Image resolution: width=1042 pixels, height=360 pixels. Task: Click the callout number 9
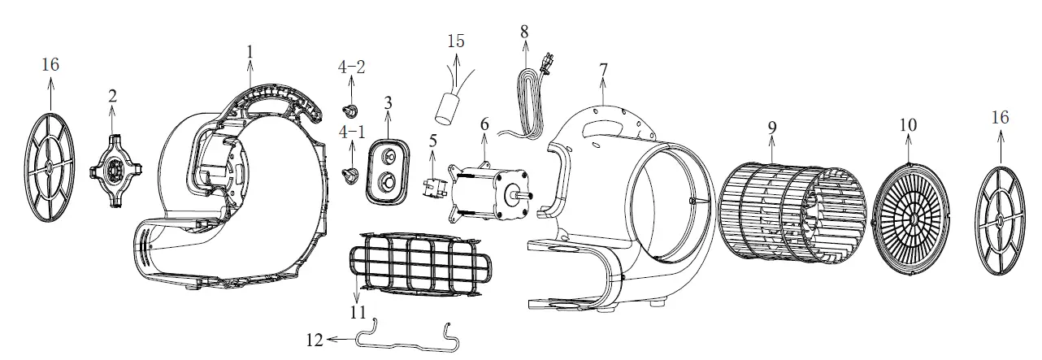pos(771,127)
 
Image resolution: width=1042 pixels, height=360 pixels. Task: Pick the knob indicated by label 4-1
pos(352,172)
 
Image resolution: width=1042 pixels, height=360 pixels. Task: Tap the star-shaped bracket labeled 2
pos(113,169)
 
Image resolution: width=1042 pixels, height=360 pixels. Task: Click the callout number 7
pos(602,71)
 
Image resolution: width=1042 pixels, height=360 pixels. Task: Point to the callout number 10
pos(908,125)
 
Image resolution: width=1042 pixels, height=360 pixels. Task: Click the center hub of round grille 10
pos(910,219)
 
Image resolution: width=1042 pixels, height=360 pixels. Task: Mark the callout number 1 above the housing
pos(250,51)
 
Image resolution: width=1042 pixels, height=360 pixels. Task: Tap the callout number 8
pos(524,32)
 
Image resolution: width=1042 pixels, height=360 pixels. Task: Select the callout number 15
pos(456,40)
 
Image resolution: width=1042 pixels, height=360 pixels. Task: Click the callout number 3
pos(388,103)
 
